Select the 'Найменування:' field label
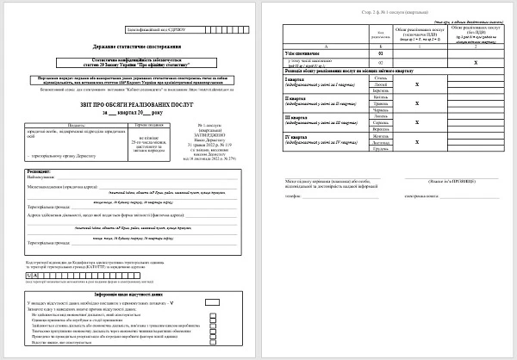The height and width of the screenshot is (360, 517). point(43,178)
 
